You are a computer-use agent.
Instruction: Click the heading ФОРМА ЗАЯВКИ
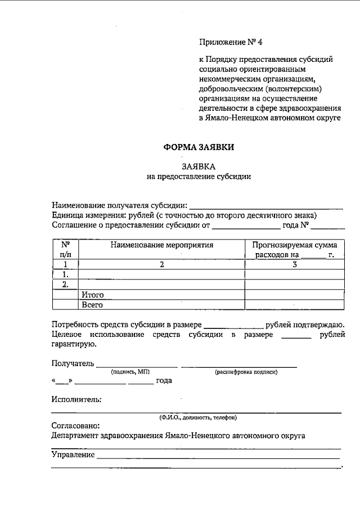[x=198, y=147]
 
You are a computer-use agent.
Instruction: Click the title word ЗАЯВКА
[x=199, y=166]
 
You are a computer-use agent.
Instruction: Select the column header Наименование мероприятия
[x=162, y=245]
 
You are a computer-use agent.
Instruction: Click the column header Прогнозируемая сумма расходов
[x=294, y=250]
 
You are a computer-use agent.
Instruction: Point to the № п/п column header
[x=65, y=250]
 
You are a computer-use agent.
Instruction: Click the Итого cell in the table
[x=93, y=294]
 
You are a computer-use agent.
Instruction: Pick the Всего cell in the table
[x=92, y=304]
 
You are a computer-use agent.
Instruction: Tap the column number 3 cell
[x=294, y=264]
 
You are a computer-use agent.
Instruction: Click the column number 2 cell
[x=161, y=264]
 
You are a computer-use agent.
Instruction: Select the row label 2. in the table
[x=65, y=284]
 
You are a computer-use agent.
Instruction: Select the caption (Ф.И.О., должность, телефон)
[x=198, y=417]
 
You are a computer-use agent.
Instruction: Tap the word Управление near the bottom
[x=73, y=454]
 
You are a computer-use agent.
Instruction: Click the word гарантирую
[x=74, y=344]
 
